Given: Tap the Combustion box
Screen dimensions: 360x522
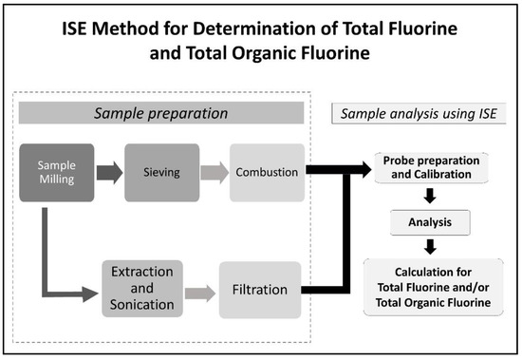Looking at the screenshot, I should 268,173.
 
